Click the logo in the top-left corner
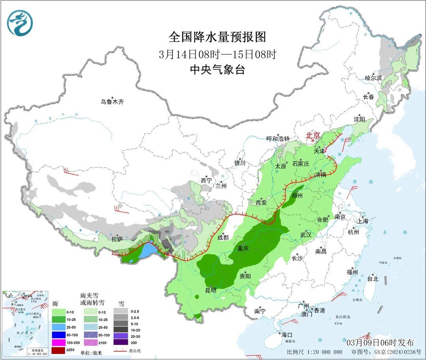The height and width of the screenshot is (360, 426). pyautogui.click(x=19, y=23)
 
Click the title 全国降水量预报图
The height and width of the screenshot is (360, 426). pyautogui.click(x=217, y=37)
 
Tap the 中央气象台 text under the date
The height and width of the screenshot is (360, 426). pyautogui.click(x=217, y=69)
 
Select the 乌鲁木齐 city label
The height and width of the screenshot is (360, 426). pyautogui.click(x=112, y=102)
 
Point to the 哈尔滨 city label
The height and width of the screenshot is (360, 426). pyautogui.click(x=373, y=78)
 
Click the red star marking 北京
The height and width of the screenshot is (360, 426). pyautogui.click(x=313, y=140)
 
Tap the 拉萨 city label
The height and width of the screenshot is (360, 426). pyautogui.click(x=117, y=239)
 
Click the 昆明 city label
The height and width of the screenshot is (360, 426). pyautogui.click(x=210, y=290)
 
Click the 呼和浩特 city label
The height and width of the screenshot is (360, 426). pyautogui.click(x=278, y=139)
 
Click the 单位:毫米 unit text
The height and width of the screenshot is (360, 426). pyautogui.click(x=91, y=351)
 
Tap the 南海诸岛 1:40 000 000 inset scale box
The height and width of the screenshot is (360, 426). pyautogui.click(x=38, y=351)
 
